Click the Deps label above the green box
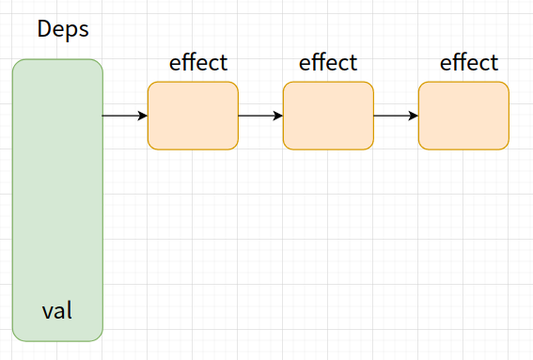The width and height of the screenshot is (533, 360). click(63, 28)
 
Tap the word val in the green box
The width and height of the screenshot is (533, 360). click(57, 309)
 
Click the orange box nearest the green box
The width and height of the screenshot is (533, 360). click(193, 116)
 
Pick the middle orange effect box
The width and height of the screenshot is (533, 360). click(328, 116)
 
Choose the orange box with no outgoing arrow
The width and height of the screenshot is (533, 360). click(463, 116)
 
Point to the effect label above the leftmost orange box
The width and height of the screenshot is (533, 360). click(198, 63)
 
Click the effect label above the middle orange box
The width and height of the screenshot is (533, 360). click(328, 63)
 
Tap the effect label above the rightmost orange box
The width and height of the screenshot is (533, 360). click(469, 63)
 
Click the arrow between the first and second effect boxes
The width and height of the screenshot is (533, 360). click(260, 116)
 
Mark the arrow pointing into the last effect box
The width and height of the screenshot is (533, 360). click(396, 116)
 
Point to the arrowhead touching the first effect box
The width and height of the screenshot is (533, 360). click(143, 116)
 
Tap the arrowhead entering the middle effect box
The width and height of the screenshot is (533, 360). click(278, 116)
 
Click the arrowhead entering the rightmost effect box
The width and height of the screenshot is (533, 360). click(414, 116)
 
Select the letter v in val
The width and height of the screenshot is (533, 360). click(47, 310)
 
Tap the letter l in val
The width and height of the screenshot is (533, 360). click(69, 308)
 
